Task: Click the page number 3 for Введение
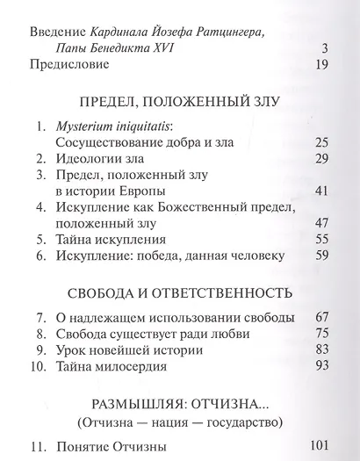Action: tap(324, 47)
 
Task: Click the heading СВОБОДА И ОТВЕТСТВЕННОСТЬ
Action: tap(178, 292)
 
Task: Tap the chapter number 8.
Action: tap(40, 334)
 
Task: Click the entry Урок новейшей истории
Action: tap(128, 349)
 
